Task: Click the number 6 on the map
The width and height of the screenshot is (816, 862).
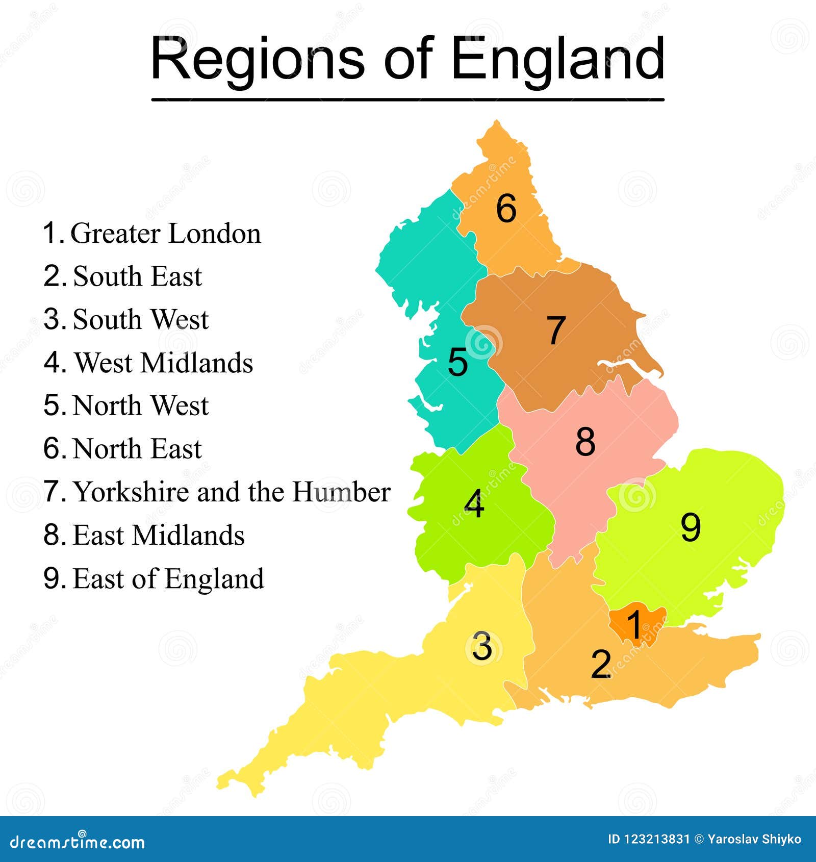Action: click(x=506, y=209)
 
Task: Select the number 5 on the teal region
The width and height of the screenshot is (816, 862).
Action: click(x=457, y=362)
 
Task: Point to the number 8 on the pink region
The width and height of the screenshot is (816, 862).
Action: click(x=585, y=441)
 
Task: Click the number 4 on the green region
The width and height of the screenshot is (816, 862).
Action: click(x=474, y=504)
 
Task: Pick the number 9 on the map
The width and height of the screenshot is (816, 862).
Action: click(x=691, y=527)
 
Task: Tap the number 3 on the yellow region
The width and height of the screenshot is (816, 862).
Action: click(x=482, y=646)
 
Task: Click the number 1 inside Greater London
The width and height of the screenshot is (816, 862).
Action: click(x=634, y=624)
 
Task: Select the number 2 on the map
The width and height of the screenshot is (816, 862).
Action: click(x=601, y=664)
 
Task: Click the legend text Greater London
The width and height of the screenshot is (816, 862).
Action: click(x=165, y=234)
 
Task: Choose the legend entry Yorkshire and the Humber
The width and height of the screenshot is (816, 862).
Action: click(x=232, y=492)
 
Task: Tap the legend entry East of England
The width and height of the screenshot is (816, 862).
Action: click(x=168, y=579)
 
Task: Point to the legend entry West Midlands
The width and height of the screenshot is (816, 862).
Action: click(x=163, y=363)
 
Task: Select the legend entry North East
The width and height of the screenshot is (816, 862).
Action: click(x=137, y=449)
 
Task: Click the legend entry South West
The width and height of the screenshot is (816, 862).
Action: click(x=141, y=320)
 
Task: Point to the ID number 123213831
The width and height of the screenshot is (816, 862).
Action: click(x=657, y=840)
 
